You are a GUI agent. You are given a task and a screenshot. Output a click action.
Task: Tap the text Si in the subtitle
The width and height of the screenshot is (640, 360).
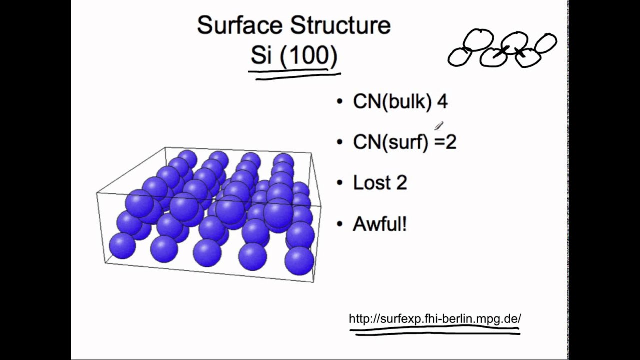point(260,56)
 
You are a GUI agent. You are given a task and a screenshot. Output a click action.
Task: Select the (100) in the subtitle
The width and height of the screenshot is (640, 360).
point(308,56)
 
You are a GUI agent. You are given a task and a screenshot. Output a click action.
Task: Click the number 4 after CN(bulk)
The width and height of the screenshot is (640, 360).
point(442,102)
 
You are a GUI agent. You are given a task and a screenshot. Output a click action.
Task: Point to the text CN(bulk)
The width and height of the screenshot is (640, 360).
point(392,102)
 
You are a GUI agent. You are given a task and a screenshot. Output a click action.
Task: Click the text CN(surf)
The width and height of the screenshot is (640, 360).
point(390,142)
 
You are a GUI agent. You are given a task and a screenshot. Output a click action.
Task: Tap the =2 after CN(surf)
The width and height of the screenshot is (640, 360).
point(445,142)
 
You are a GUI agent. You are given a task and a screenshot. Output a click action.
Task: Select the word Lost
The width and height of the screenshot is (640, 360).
point(371,183)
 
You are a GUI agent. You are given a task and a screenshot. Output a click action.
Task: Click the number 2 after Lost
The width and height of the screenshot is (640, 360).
point(402,183)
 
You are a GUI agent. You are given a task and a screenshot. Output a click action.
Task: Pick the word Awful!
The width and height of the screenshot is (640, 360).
point(380,224)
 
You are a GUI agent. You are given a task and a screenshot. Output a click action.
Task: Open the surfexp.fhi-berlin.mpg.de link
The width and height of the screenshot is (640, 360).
point(435,319)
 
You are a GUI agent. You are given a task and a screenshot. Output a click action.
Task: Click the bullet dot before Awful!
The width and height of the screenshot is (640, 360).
point(340,224)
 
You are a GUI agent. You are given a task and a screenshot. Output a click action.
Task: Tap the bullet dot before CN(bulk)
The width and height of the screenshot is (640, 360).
point(340,102)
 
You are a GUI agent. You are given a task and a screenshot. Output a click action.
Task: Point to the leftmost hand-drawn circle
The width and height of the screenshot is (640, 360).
point(459,57)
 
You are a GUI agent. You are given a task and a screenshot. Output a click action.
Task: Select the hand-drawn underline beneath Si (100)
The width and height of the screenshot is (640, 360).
point(295,75)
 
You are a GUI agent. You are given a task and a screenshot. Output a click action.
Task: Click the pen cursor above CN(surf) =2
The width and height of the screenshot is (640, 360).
point(439,126)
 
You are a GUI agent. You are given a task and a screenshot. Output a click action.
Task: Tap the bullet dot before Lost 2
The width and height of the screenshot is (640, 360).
point(340,183)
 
